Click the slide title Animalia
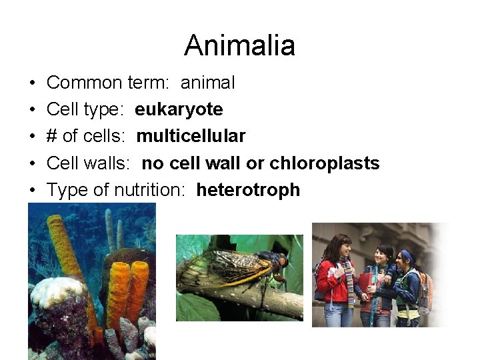pyautogui.click(x=239, y=45)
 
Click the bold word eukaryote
pyautogui.click(x=179, y=109)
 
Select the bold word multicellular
pyautogui.click(x=191, y=136)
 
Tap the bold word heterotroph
pyautogui.click(x=248, y=190)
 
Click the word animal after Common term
pyautogui.click(x=207, y=83)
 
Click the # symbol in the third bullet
pyautogui.click(x=51, y=136)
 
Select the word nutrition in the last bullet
pyautogui.click(x=149, y=190)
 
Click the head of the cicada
pyautogui.click(x=280, y=260)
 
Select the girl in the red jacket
pyautogui.click(x=333, y=280)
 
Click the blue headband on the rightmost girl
pyautogui.click(x=407, y=254)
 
